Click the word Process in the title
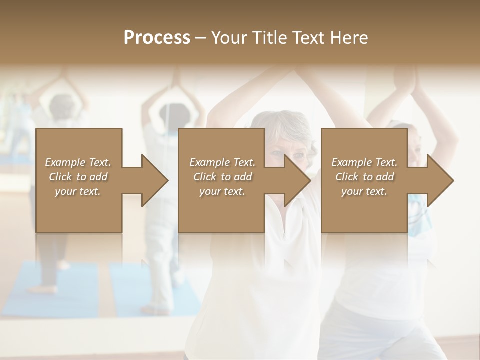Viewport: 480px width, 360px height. [157, 38]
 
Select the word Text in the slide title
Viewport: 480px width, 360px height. [308, 38]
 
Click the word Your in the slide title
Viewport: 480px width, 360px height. [228, 38]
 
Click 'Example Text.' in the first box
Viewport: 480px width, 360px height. [78, 162]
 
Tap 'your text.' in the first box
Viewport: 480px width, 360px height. [78, 191]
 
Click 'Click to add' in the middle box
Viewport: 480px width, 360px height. [222, 177]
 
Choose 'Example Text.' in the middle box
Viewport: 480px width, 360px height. [222, 162]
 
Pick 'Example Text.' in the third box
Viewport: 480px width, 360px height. [364, 162]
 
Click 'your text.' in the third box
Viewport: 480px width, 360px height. [364, 191]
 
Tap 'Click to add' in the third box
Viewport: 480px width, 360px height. [364, 177]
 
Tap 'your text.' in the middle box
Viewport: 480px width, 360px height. [222, 191]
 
